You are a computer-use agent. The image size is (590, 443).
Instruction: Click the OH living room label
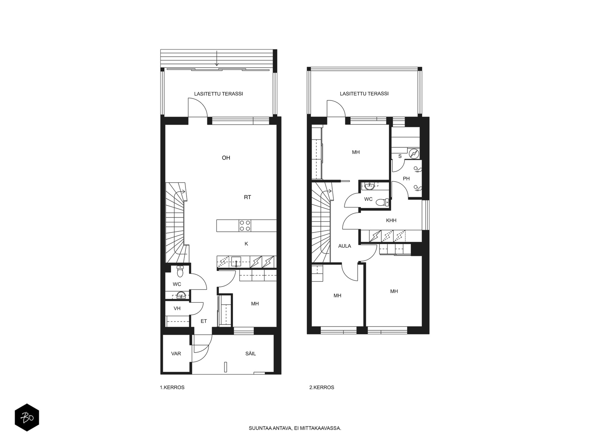(226, 158)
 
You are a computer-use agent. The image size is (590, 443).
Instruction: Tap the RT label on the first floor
(247, 197)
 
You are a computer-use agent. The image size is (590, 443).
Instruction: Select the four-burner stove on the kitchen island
(245, 226)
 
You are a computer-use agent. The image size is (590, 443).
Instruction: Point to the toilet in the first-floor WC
(180, 271)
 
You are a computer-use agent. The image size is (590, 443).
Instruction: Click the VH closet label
(177, 308)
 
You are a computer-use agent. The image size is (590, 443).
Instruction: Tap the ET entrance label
(204, 321)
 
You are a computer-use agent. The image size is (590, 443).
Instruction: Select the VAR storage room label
(176, 353)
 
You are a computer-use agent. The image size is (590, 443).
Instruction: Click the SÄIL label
(250, 353)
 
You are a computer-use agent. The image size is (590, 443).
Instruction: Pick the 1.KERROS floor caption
(172, 387)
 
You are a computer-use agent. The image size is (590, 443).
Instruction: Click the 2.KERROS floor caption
(322, 387)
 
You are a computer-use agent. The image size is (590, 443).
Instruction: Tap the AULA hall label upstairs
(344, 246)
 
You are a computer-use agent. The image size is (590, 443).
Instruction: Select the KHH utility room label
(391, 220)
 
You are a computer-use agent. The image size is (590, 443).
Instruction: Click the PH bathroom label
(406, 179)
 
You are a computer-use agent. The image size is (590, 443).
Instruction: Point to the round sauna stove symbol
(414, 154)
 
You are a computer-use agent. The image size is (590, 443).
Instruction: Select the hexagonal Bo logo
(27, 418)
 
